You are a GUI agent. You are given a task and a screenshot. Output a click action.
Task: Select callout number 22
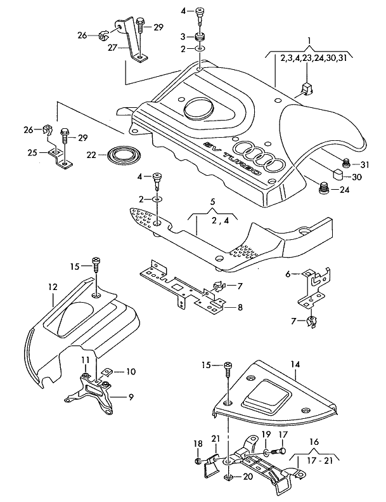click(x=92, y=154)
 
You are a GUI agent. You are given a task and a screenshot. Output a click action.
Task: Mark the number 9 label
click(x=130, y=397)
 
